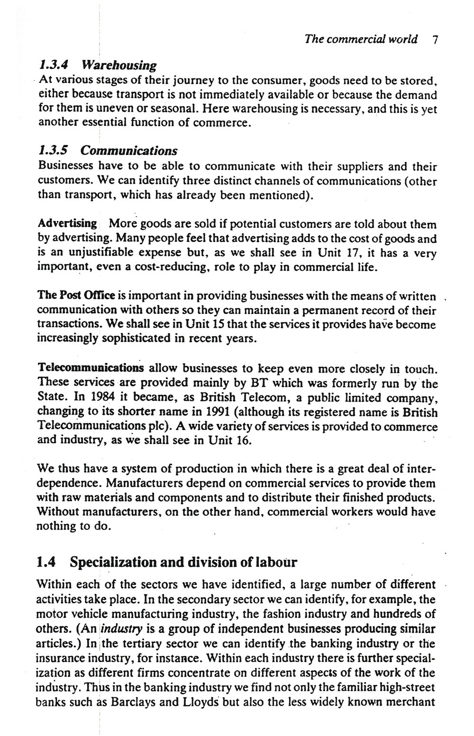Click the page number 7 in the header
pos(435,39)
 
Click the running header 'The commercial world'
pos(361,39)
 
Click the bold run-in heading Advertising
pos(67,224)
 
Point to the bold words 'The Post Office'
pos(76,296)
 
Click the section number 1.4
pos(46,562)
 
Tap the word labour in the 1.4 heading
pos(276,562)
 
